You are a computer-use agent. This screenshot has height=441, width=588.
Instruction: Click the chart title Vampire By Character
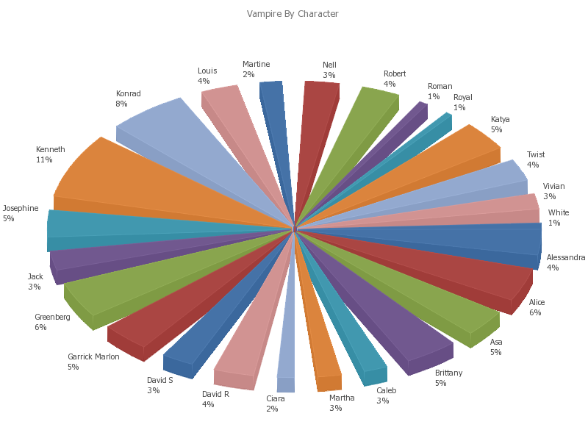point(293,14)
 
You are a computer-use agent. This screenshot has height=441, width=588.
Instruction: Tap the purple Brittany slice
point(382,309)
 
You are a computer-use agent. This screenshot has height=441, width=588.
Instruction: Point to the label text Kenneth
point(51,150)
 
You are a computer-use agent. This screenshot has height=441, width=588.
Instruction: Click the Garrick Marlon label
point(93,357)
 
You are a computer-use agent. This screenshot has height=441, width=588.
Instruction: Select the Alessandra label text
point(566,258)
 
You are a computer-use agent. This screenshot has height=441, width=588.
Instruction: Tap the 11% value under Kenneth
point(43,160)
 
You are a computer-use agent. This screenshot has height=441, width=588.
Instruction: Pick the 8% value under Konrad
point(121,104)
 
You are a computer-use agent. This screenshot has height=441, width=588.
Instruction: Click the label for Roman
point(440,87)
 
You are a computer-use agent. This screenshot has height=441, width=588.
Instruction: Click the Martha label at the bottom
point(342,398)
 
